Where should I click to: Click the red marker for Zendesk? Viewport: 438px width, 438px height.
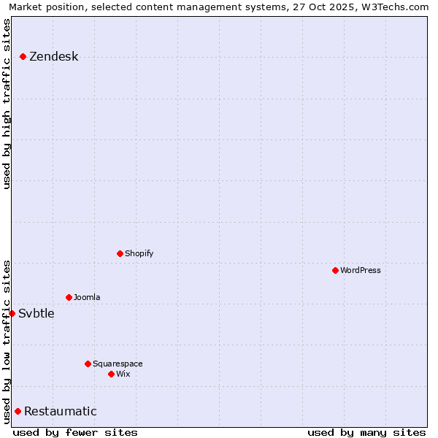point(23,56)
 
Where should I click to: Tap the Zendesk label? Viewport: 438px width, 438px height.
point(53,57)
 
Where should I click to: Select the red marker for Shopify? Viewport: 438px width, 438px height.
point(120,253)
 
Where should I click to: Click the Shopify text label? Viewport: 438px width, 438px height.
point(139,253)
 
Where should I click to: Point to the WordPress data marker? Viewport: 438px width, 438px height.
point(335,270)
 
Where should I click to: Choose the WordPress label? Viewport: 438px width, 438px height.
point(360,270)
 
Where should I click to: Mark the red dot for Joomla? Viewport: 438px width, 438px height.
point(69,297)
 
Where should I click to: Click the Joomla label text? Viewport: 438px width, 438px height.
point(87,297)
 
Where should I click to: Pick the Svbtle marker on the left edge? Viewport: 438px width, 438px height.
point(12,313)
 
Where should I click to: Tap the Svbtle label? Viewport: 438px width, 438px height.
point(36,314)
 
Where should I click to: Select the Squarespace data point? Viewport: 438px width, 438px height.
point(88,364)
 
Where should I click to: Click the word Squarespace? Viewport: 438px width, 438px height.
point(118,364)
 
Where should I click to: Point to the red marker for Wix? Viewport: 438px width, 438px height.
point(111,374)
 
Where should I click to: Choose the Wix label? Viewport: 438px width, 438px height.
point(123,374)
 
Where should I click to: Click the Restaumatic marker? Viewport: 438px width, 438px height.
point(18,411)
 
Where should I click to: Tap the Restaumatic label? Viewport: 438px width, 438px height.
point(60,412)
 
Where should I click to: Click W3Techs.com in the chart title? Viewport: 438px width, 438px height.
point(392,7)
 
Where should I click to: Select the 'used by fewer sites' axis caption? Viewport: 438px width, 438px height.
point(75,432)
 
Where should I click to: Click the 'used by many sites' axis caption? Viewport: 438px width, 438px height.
point(366,432)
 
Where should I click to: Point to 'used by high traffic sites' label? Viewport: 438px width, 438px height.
point(7,104)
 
